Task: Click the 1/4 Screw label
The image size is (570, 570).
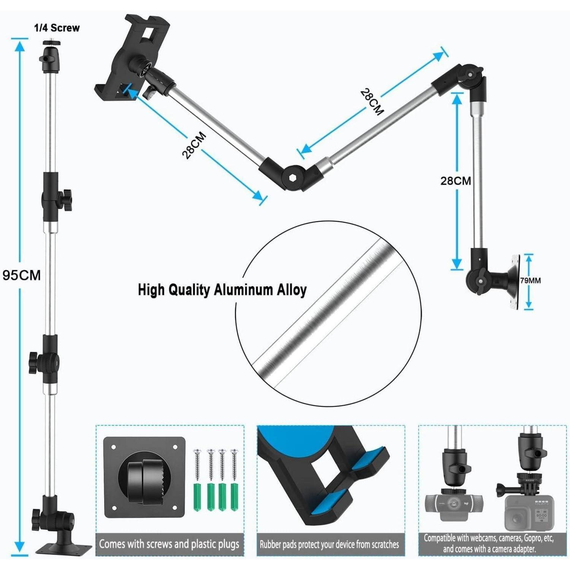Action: point(57,28)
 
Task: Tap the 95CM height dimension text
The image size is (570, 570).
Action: point(22,275)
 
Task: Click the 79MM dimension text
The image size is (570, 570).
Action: point(530,280)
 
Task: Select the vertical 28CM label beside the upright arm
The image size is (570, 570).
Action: point(456,181)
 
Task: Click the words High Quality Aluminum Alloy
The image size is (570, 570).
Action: point(222,290)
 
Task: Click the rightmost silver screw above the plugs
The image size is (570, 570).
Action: point(234,465)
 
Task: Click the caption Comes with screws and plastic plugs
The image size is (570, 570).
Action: point(169,544)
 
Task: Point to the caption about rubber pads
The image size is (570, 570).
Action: point(329,544)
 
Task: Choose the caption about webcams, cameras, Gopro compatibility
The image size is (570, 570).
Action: point(489,543)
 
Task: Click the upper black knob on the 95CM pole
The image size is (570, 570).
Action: point(66,199)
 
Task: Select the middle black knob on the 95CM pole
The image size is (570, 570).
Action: point(35,363)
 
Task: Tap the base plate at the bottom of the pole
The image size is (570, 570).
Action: point(64,548)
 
